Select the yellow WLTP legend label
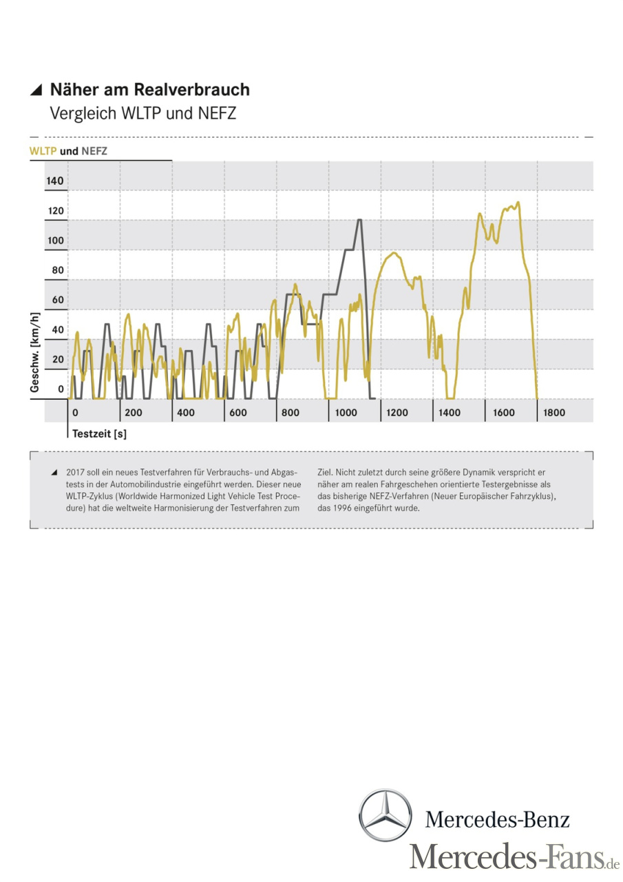[x=43, y=151]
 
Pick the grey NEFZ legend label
[x=94, y=151]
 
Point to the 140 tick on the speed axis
[x=55, y=181]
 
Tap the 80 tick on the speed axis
[x=58, y=270]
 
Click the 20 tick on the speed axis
[x=58, y=359]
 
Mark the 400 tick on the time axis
[x=185, y=413]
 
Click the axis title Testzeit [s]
[x=100, y=434]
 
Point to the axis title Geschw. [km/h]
[x=34, y=351]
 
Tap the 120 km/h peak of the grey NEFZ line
[x=359, y=220]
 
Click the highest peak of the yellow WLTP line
[x=518, y=203]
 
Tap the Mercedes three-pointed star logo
[x=386, y=816]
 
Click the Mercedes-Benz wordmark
[x=497, y=819]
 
